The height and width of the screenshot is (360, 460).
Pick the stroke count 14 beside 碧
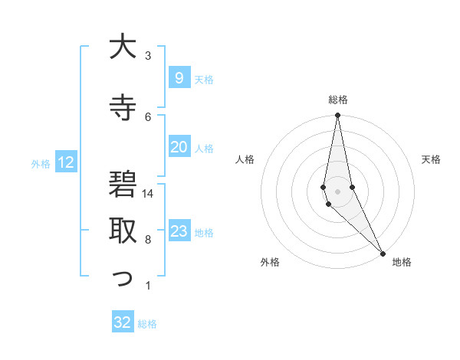click(148, 194)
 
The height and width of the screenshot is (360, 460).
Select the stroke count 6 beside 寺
click(148, 116)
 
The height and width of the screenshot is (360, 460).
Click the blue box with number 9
click(179, 77)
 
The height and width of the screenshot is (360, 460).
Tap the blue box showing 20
click(179, 147)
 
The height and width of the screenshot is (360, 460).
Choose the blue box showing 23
click(179, 231)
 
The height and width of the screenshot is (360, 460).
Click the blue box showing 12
click(65, 162)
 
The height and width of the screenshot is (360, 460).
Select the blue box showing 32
click(123, 322)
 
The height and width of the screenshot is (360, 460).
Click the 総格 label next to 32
click(147, 324)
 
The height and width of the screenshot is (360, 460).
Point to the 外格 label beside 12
click(41, 163)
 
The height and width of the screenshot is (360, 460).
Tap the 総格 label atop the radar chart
click(338, 100)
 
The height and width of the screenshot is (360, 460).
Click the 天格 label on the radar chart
click(432, 159)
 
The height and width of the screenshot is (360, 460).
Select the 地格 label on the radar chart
click(402, 263)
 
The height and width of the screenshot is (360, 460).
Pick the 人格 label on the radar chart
click(245, 159)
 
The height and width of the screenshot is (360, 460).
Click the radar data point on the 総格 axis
click(338, 116)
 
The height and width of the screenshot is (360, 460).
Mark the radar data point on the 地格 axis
click(383, 253)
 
